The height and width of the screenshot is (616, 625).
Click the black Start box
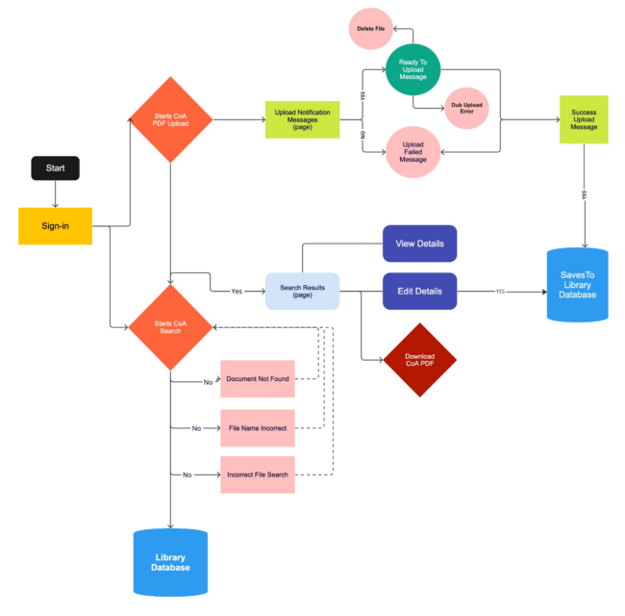pyautogui.click(x=55, y=167)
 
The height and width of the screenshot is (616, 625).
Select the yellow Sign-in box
pyautogui.click(x=55, y=226)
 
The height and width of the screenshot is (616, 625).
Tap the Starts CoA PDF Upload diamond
pyautogui.click(x=170, y=119)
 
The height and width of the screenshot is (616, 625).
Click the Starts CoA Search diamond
pyautogui.click(x=170, y=327)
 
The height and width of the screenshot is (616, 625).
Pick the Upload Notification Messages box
pyautogui.click(x=302, y=119)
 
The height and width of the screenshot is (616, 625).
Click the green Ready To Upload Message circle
pyautogui.click(x=412, y=69)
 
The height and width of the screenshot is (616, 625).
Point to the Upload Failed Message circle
pyautogui.click(x=412, y=152)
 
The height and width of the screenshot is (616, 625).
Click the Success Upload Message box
pyautogui.click(x=584, y=119)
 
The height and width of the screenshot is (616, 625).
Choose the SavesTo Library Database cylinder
pyautogui.click(x=578, y=281)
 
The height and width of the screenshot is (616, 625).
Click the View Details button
pyautogui.click(x=419, y=244)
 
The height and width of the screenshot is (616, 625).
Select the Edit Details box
pyautogui.click(x=419, y=291)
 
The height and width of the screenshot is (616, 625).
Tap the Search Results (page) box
pyautogui.click(x=303, y=291)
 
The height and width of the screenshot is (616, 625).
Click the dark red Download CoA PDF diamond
pyautogui.click(x=419, y=360)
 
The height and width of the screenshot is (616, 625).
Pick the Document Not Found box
pyautogui.click(x=257, y=379)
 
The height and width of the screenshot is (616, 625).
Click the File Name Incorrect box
pyautogui.click(x=257, y=427)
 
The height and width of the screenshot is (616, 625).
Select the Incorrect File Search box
pyautogui.click(x=257, y=475)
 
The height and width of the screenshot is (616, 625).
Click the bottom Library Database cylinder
pyautogui.click(x=170, y=562)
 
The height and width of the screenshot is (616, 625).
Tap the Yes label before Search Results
pyautogui.click(x=237, y=291)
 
